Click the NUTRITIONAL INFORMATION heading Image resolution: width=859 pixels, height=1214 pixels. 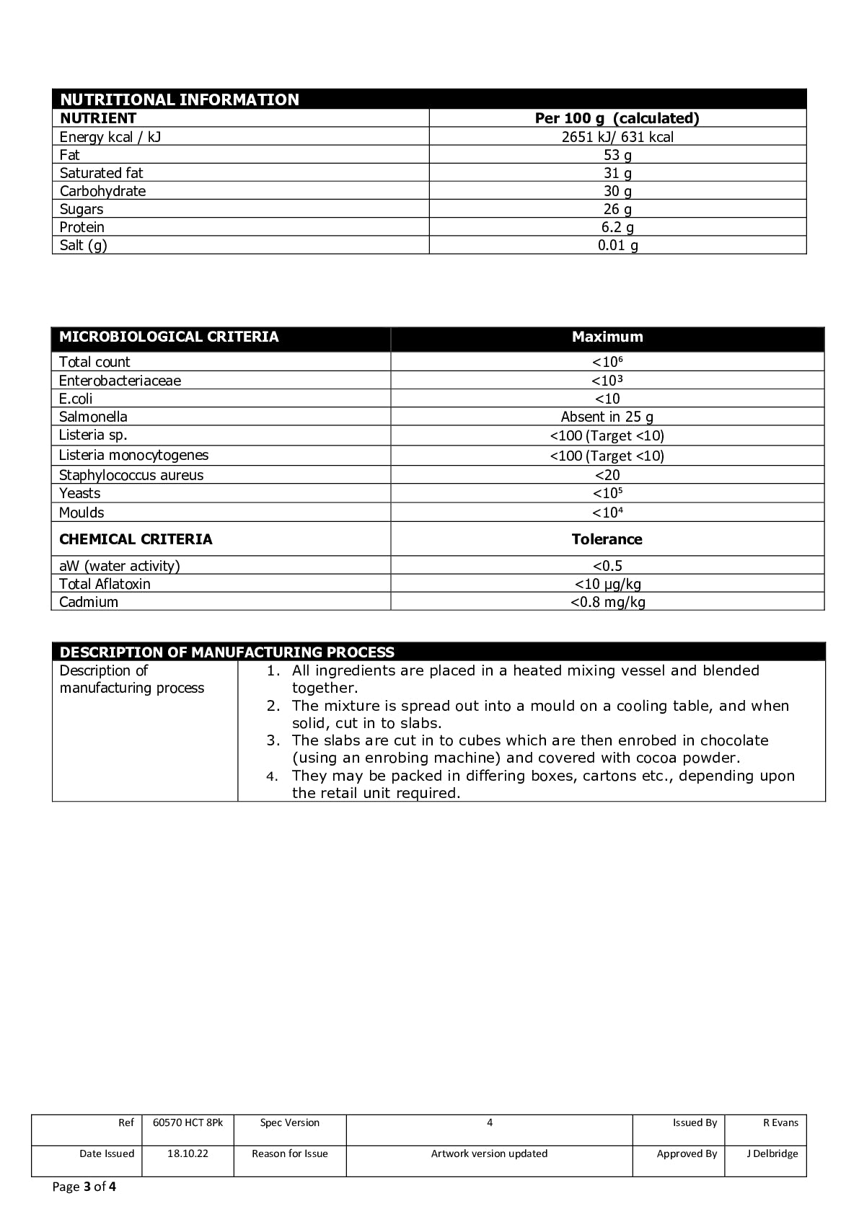[179, 99]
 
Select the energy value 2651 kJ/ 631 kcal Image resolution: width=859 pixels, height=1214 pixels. [617, 137]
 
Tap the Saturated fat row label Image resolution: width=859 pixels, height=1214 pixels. [101, 173]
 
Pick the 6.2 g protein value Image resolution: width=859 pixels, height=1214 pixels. [617, 227]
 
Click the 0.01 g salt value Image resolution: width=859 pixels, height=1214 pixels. [617, 245]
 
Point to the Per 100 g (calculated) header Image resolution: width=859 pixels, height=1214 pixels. [617, 118]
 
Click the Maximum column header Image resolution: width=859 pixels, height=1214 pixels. [607, 337]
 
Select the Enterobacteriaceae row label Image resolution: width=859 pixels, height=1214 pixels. [120, 381]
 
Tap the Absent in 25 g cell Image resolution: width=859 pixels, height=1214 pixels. [607, 417]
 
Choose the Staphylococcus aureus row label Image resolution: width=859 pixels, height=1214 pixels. [131, 475]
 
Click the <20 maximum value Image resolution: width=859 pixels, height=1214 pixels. [607, 475]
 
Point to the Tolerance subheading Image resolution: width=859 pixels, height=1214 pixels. [607, 539]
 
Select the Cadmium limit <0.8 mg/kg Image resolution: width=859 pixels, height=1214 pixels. [607, 602]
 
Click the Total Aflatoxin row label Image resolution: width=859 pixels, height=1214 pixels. [105, 584]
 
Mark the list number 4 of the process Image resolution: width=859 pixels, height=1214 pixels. [272, 776]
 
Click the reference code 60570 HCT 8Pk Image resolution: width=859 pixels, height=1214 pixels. [188, 1122]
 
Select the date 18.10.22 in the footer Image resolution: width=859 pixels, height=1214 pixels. [188, 1153]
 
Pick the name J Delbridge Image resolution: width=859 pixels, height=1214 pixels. [772, 1153]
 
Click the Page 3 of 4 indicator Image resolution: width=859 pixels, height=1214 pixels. [84, 1187]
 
